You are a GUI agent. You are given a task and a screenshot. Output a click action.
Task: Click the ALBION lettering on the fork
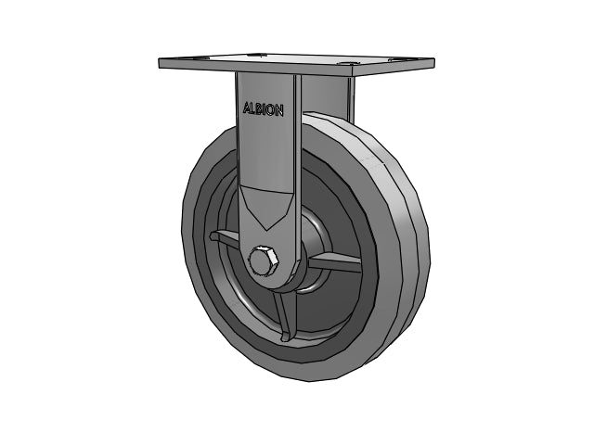[264, 109]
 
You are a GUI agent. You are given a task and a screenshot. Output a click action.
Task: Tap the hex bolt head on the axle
[264, 261]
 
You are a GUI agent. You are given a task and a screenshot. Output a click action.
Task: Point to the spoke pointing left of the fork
[225, 239]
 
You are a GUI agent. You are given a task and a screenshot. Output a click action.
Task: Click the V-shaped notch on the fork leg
[267, 208]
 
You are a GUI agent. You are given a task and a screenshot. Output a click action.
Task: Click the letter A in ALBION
[247, 108]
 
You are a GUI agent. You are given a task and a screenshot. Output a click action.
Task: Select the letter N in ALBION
[278, 111]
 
